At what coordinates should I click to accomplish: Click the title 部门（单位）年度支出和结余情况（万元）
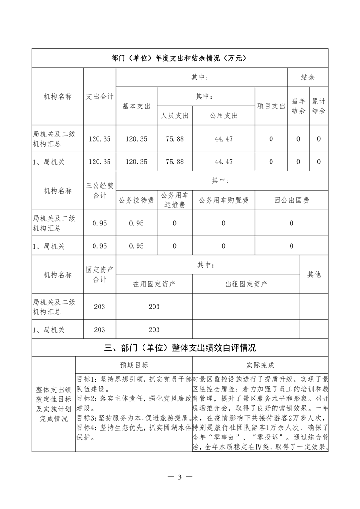click(x=180, y=58)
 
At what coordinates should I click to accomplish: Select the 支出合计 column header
click(x=100, y=97)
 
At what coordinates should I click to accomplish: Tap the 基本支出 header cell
click(x=136, y=106)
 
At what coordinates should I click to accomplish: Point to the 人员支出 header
click(x=175, y=116)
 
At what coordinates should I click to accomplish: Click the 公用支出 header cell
click(x=223, y=116)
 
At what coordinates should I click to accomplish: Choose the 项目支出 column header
click(x=271, y=106)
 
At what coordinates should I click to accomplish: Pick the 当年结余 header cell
click(x=298, y=106)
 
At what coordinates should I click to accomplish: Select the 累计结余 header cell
click(x=319, y=106)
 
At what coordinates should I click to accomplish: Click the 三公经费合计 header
click(x=100, y=191)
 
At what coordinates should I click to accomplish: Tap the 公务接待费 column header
click(x=136, y=200)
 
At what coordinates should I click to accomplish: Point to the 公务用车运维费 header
click(x=175, y=200)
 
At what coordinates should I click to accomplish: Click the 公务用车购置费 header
click(x=223, y=200)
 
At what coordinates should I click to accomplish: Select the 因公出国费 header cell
click(x=291, y=200)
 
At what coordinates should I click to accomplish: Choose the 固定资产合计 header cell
click(x=100, y=274)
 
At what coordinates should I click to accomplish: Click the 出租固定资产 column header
click(x=246, y=284)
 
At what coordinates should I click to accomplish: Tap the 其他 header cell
click(x=314, y=274)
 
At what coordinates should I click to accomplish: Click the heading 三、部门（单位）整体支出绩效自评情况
click(x=180, y=348)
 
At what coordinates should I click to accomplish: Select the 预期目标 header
click(x=134, y=365)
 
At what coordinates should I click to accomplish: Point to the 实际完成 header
click(x=260, y=365)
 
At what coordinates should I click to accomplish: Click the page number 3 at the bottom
click(x=180, y=477)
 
